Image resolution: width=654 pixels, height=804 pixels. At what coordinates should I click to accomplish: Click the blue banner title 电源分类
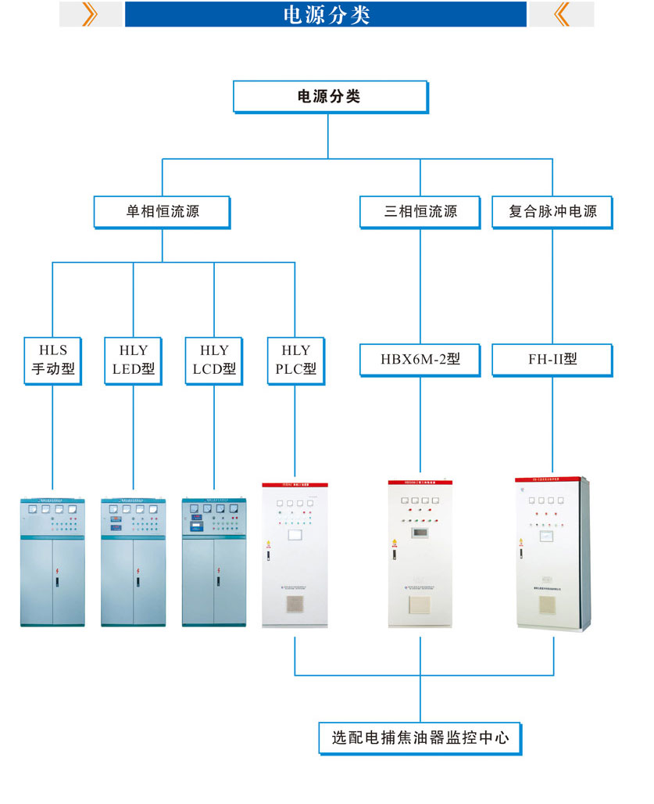tap(326, 15)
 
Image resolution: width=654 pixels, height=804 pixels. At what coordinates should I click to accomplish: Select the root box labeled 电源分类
tap(329, 97)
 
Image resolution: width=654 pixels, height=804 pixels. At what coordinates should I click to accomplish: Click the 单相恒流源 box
tap(162, 211)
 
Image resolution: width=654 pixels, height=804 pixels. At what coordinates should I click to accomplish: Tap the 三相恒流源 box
tap(420, 211)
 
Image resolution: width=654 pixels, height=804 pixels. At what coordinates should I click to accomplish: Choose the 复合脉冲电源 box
tap(552, 211)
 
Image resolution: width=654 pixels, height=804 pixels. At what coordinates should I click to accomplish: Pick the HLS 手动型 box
tap(53, 360)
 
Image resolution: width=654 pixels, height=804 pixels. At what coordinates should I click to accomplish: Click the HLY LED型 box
tap(133, 360)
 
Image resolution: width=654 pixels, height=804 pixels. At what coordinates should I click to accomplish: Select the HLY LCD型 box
tap(213, 360)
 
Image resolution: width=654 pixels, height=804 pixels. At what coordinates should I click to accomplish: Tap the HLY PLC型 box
tap(295, 360)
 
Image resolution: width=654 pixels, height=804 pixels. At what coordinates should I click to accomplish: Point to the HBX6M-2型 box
tap(420, 360)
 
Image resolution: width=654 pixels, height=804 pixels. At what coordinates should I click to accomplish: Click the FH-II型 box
tap(552, 360)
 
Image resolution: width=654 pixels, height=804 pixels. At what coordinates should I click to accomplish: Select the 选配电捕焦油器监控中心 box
tap(420, 738)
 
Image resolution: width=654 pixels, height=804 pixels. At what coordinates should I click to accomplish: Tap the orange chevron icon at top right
tap(561, 15)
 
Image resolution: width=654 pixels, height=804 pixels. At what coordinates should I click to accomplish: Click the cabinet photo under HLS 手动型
tap(52, 561)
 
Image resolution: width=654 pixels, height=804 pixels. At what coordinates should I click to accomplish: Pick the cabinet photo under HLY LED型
tap(133, 561)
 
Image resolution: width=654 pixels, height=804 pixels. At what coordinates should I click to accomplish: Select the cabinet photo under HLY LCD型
tap(213, 561)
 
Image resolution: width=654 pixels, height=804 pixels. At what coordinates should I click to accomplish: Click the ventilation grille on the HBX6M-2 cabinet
tap(420, 605)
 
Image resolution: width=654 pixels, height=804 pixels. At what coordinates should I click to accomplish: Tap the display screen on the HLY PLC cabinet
tap(295, 536)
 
